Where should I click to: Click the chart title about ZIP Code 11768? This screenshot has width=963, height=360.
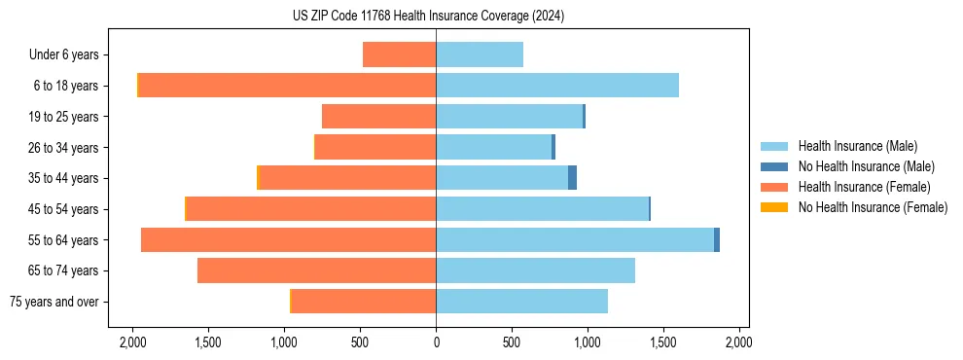pyautogui.click(x=428, y=17)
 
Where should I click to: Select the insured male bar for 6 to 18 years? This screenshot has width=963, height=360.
pyautogui.click(x=557, y=86)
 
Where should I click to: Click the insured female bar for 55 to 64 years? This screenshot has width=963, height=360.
pyautogui.click(x=289, y=239)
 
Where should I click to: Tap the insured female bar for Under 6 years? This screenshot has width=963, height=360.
pyautogui.click(x=400, y=54)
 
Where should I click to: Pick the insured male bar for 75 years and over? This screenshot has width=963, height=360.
pyautogui.click(x=522, y=302)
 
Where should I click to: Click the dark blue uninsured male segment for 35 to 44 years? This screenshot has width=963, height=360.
pyautogui.click(x=573, y=178)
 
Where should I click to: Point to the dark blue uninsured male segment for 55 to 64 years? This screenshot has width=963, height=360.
pyautogui.click(x=717, y=239)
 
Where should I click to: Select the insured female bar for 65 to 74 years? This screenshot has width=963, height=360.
pyautogui.click(x=317, y=270)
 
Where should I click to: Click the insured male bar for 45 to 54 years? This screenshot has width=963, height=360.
pyautogui.click(x=542, y=209)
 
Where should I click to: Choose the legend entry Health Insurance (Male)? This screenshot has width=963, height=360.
pyautogui.click(x=857, y=146)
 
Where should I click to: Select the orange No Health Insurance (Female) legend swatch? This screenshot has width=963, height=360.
pyautogui.click(x=774, y=207)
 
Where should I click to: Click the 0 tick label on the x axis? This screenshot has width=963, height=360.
pyautogui.click(x=436, y=342)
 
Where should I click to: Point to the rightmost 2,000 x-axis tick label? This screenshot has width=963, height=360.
pyautogui.click(x=739, y=342)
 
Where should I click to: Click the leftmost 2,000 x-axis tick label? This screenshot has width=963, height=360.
pyautogui.click(x=132, y=342)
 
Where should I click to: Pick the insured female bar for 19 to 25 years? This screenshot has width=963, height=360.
pyautogui.click(x=379, y=117)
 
